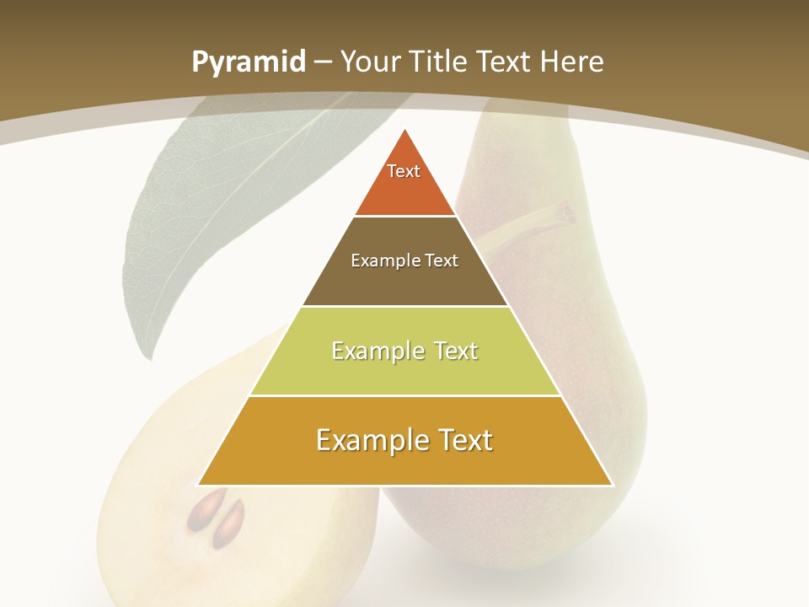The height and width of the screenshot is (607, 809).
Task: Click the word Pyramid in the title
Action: click(x=248, y=62)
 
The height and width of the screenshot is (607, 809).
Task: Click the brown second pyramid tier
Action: click(x=404, y=282)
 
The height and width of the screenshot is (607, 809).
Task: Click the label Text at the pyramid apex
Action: click(x=404, y=171)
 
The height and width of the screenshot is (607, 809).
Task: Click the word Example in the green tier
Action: click(x=369, y=351)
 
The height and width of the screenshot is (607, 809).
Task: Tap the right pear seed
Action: click(x=230, y=522)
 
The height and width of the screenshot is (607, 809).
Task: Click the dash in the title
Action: click(x=323, y=62)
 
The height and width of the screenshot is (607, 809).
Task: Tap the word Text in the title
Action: click(x=505, y=62)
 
